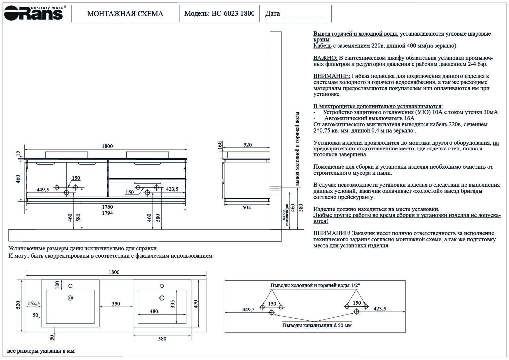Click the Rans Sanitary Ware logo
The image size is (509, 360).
(x=34, y=13)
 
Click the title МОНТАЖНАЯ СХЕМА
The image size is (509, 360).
(x=125, y=14)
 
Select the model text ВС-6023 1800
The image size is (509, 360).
(x=233, y=13)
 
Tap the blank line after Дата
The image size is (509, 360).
(x=303, y=15)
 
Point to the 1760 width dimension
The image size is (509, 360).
(x=107, y=207)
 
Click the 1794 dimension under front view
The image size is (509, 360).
(x=107, y=213)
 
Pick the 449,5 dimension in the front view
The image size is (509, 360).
(x=43, y=190)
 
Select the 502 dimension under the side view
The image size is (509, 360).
(x=247, y=207)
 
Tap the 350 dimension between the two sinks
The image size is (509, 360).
(x=116, y=303)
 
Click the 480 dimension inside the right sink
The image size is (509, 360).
(x=154, y=311)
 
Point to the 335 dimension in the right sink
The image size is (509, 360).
(x=173, y=304)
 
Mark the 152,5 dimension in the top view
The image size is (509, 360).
(x=34, y=303)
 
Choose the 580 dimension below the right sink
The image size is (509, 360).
(x=162, y=339)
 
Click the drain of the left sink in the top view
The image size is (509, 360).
(x=70, y=298)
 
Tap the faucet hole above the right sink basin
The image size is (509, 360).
(x=162, y=286)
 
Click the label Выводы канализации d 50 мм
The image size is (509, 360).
(x=317, y=325)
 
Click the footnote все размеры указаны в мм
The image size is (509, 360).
(x=41, y=351)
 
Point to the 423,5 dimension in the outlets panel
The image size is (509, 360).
(x=380, y=309)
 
